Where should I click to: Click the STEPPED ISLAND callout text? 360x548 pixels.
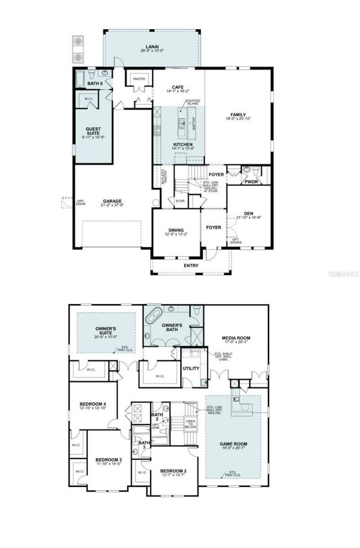[193, 103]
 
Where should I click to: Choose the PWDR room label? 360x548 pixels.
[250, 182]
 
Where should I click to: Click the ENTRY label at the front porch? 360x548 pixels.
[191, 265]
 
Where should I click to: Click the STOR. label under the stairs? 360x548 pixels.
[180, 201]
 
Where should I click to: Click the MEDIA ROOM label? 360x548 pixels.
[236, 338]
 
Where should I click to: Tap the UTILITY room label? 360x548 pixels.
[190, 368]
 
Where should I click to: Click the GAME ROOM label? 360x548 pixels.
[233, 444]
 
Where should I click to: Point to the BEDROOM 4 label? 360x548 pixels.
[92, 404]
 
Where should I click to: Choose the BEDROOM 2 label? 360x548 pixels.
[173, 471]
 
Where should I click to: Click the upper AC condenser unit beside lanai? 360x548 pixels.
[79, 41]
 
